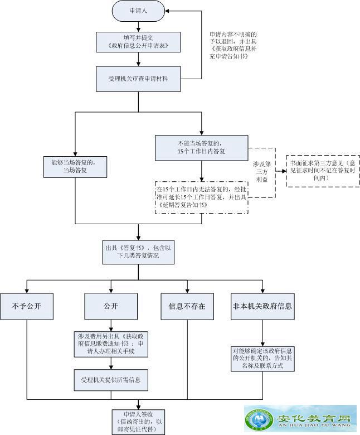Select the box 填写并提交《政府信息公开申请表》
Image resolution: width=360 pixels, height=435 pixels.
[138, 41]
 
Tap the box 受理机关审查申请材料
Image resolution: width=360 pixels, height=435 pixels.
[138, 79]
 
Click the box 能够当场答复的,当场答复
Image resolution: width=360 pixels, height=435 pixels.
[76, 167]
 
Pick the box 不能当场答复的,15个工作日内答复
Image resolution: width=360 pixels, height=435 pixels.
[201, 148]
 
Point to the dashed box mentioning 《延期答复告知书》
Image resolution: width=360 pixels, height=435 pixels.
[201, 197]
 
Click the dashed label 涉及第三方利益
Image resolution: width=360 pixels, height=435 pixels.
[262, 172]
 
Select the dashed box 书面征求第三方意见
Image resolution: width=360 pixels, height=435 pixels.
[323, 170]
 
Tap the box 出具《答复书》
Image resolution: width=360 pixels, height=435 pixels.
[138, 252]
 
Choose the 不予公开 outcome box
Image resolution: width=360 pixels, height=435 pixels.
[27, 306]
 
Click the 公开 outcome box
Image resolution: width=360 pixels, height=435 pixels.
[111, 306]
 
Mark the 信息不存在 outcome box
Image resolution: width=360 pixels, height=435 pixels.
[187, 306]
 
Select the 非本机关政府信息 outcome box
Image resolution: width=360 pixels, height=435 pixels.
[262, 306]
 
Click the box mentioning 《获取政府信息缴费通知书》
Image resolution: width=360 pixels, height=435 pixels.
[111, 344]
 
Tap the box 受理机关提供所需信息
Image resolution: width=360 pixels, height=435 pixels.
[111, 380]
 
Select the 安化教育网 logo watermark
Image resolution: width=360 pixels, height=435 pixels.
[300, 419]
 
